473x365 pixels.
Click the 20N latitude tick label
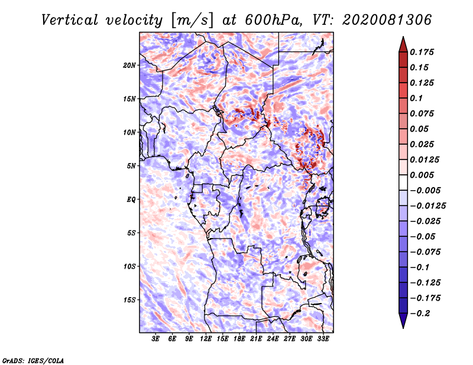[x=129, y=66]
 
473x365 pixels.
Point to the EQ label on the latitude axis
[x=131, y=200]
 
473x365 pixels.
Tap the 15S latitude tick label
[x=129, y=300]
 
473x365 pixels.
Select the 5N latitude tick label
[x=131, y=166]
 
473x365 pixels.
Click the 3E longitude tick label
[x=155, y=339]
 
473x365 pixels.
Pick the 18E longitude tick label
[x=239, y=339]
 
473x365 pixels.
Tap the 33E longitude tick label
[x=323, y=339]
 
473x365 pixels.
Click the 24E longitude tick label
[x=273, y=339]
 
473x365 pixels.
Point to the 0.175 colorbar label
[x=422, y=52]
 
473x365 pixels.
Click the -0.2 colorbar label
[x=420, y=314]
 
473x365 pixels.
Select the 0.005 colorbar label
[x=422, y=175]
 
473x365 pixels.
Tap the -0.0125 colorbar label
[x=427, y=206]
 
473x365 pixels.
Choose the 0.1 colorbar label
[x=416, y=98]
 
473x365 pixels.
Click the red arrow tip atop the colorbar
[x=403, y=37]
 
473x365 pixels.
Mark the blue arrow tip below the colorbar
[x=403, y=328]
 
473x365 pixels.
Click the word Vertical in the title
[x=70, y=20]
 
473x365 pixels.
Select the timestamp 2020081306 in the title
[x=387, y=20]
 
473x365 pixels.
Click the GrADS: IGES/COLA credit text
[x=33, y=360]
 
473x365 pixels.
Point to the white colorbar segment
[x=403, y=182]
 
